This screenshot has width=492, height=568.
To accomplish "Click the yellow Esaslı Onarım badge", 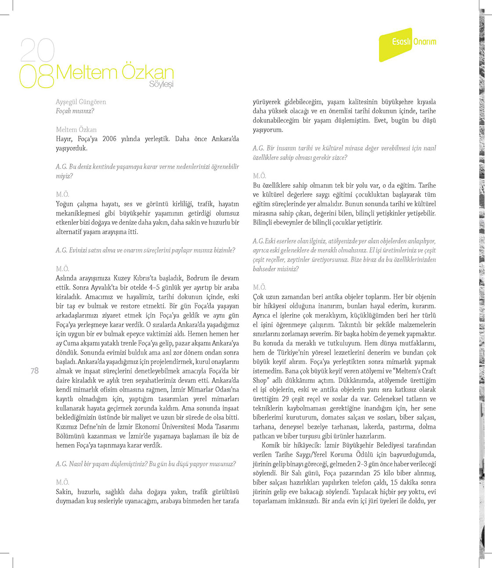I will pos(408,43).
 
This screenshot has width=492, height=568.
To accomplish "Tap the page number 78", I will pos(35,371).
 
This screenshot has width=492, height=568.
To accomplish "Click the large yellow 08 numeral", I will pos(36,76).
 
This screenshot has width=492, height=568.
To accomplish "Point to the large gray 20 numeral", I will pos(37,50).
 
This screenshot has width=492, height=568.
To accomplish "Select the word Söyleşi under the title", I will pos(161,84).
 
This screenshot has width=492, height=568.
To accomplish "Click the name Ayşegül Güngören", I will pos(81,102).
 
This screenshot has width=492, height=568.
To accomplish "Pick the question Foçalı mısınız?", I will pos(75,111).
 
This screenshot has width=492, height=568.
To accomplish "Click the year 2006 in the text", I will pos(109,139).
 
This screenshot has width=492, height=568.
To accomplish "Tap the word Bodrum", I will pos(198,278).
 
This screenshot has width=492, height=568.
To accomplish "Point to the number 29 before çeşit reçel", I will pos(286,399).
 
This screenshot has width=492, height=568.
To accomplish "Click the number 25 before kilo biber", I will pos(376,473).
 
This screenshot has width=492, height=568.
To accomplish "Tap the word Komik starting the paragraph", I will pos(271,445).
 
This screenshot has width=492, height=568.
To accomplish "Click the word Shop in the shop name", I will pos(260,380).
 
